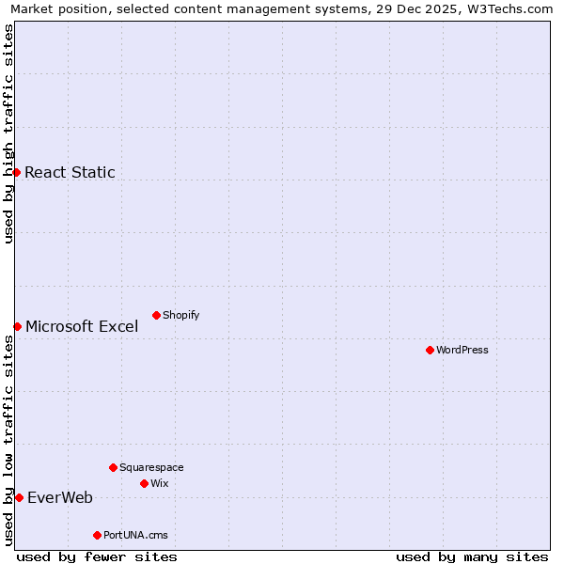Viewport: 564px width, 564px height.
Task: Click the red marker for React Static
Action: point(16,172)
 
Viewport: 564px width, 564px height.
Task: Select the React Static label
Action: point(70,172)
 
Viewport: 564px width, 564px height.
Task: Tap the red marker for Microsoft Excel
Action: point(17,326)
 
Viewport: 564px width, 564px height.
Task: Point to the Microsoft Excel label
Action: point(82,327)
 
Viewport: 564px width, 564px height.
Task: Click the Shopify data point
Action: point(156,315)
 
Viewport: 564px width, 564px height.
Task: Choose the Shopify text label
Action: point(180,316)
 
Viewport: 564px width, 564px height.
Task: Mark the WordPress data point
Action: point(430,350)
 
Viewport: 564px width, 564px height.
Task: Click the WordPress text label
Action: point(462,351)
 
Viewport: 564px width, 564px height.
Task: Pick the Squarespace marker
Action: point(113,467)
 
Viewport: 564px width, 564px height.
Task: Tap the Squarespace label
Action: point(151,468)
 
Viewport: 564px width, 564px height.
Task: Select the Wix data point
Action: point(144,483)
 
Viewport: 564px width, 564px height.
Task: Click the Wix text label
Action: point(160,484)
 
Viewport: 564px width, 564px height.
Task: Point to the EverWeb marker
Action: point(19,497)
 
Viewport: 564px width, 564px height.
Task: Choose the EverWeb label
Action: point(60,498)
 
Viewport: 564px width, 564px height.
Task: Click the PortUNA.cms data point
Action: point(97,535)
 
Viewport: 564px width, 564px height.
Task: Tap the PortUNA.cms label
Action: point(135,536)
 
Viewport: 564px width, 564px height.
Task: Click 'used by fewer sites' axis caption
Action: point(97,556)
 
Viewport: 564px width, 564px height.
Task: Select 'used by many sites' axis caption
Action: point(472,556)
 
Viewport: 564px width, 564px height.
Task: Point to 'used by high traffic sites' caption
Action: point(8,133)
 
